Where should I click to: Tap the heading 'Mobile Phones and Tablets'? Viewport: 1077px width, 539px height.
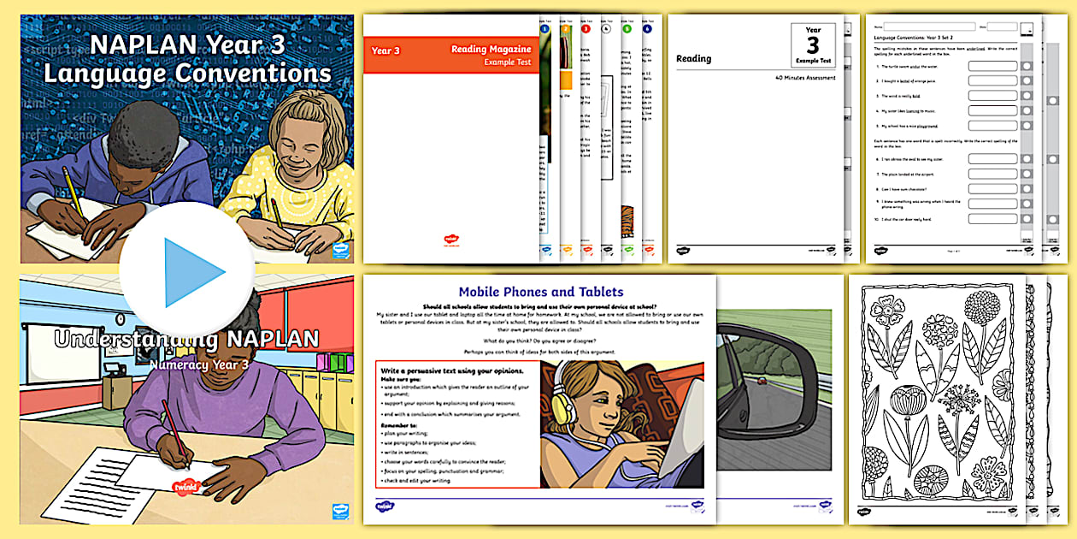pyautogui.click(x=541, y=292)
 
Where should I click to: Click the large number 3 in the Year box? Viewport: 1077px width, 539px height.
pyautogui.click(x=812, y=44)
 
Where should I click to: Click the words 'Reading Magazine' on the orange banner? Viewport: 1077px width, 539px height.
pyautogui.click(x=491, y=50)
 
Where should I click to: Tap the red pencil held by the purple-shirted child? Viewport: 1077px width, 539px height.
pyautogui.click(x=174, y=432)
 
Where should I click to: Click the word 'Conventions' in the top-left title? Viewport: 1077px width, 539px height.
pyautogui.click(x=239, y=74)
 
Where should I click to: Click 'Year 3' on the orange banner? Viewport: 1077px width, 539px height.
pyautogui.click(x=385, y=51)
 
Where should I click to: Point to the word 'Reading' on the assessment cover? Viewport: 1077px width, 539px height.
pyautogui.click(x=693, y=59)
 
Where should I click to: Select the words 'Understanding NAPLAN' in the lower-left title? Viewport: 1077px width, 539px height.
pyautogui.click(x=186, y=340)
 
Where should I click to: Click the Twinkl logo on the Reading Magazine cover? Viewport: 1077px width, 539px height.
pyautogui.click(x=450, y=241)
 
